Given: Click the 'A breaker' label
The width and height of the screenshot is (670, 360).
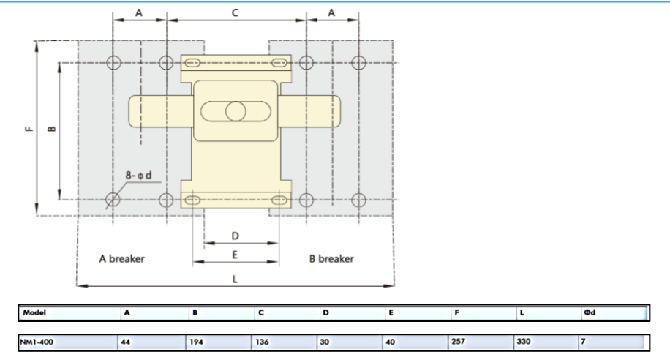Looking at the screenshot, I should [x=122, y=258].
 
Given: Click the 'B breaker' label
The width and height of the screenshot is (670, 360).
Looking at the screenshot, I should [x=331, y=258].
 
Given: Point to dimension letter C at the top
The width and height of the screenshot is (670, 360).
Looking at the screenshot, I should [x=235, y=13].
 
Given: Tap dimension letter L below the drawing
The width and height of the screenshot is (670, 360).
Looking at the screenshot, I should [x=235, y=278].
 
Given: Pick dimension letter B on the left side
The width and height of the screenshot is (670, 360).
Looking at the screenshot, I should [x=51, y=129].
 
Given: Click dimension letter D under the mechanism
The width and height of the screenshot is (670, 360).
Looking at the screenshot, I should [x=235, y=236].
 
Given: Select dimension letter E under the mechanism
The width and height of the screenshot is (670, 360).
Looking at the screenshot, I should [x=235, y=255].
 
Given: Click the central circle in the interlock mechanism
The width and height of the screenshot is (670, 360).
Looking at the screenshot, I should [x=236, y=111].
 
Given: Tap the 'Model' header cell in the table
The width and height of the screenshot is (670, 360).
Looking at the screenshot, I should [x=34, y=313].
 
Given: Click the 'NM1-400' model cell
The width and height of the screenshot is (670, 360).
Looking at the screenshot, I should [x=37, y=342].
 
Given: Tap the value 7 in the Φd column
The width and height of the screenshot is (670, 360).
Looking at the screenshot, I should [x=584, y=342].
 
